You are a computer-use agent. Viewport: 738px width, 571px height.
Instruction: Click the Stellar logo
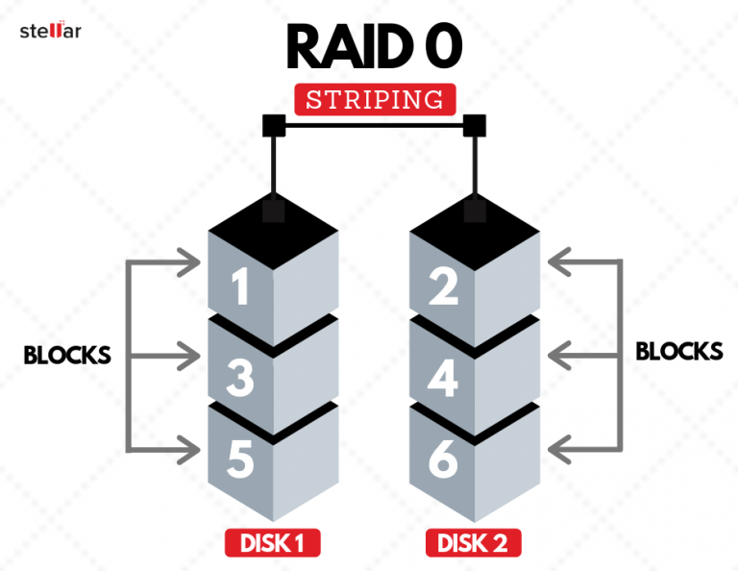tap(51, 31)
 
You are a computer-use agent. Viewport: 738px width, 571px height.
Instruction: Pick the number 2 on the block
tap(444, 287)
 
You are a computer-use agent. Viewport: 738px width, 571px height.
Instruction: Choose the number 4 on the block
tap(444, 378)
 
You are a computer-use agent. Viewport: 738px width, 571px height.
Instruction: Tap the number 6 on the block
tap(444, 460)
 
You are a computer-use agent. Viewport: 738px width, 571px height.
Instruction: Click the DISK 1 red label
tap(272, 543)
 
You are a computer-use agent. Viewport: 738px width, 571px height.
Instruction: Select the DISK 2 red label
tap(474, 543)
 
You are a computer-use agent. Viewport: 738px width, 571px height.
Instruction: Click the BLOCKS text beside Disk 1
tap(67, 356)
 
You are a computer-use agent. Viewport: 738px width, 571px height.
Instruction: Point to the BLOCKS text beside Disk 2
tap(679, 351)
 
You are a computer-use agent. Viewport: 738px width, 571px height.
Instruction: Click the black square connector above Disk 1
tap(272, 125)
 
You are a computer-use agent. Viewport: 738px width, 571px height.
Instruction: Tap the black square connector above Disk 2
tap(474, 125)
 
